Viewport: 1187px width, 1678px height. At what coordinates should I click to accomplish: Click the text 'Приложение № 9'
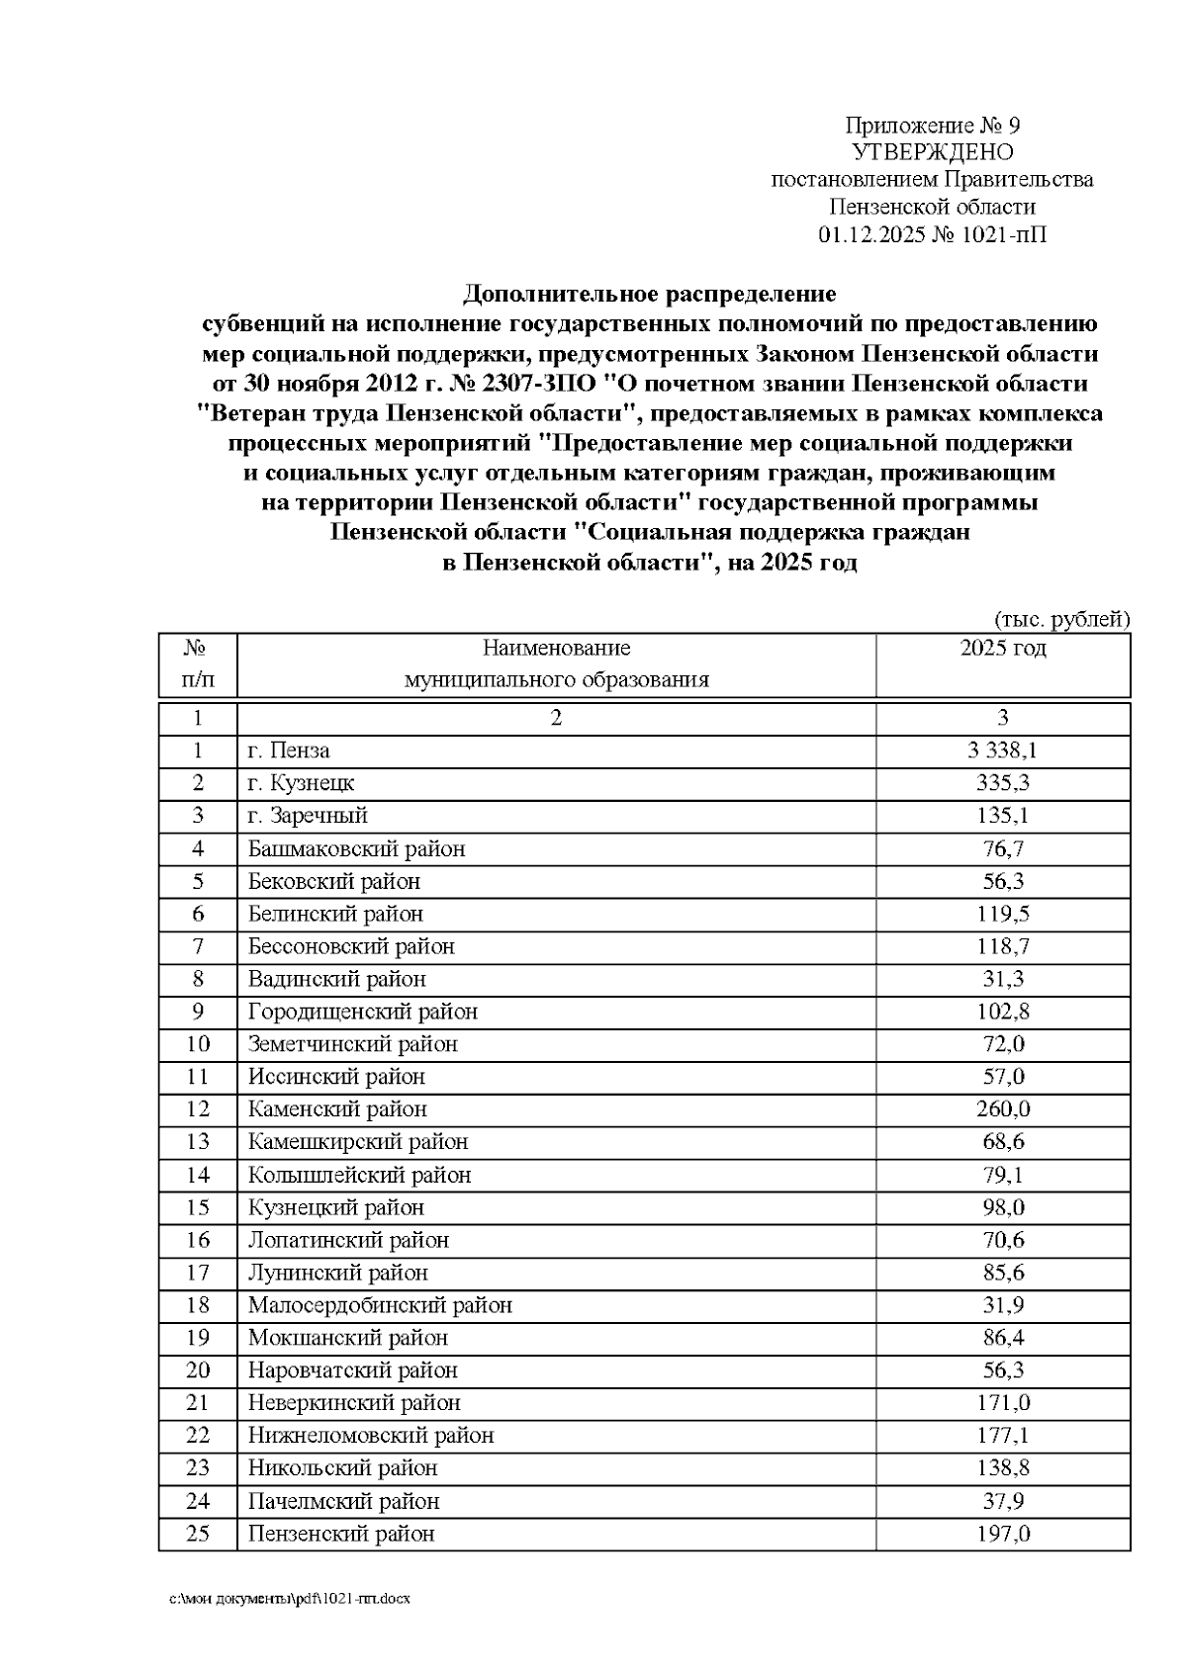932,126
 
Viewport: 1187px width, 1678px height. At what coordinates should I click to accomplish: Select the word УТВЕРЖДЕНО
932,152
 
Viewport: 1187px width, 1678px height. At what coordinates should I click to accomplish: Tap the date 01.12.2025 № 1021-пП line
932,234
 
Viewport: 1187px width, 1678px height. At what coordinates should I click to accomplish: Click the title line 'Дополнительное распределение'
650,294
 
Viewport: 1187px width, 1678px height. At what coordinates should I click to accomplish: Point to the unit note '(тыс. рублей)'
1061,619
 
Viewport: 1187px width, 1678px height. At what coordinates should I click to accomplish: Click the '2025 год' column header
1002,649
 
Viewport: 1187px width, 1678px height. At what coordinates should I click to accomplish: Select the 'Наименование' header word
556,649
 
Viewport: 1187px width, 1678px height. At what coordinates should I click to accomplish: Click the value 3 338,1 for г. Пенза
1002,751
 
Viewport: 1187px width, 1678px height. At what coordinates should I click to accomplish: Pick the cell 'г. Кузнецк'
301,783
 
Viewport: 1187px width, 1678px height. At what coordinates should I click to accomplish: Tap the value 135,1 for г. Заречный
1002,816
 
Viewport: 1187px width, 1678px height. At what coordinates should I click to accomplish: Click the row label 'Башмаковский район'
356,848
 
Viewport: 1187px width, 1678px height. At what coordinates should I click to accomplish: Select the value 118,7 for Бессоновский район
1002,946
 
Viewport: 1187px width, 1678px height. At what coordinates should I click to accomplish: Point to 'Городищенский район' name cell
362,1012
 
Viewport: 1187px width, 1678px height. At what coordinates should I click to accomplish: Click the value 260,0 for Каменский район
1002,1109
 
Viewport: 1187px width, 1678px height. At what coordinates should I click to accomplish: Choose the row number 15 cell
198,1207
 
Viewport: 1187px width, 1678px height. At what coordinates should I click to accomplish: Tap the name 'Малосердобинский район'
380,1305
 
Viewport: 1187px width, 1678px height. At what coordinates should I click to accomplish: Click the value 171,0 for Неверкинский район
1002,1403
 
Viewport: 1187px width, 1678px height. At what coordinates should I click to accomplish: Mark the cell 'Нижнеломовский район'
370,1436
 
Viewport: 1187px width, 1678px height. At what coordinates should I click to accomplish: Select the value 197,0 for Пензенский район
1002,1534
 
